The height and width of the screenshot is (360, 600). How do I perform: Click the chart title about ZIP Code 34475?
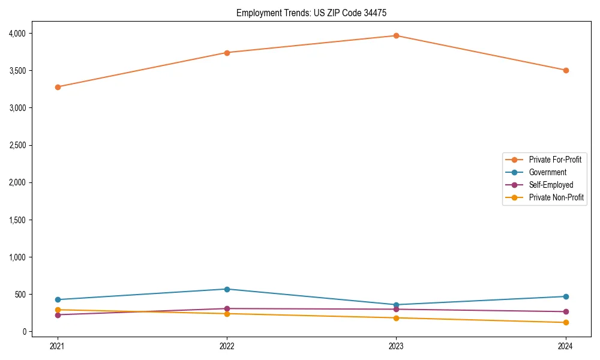click(316, 13)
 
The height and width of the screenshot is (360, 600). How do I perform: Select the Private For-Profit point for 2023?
click(396, 36)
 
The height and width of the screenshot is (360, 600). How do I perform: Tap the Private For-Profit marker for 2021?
click(58, 87)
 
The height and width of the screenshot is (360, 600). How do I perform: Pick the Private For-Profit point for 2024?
click(566, 70)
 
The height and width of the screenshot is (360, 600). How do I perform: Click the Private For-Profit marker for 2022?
click(227, 53)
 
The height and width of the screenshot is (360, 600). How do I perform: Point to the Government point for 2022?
click(227, 289)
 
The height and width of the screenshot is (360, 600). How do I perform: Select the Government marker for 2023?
click(396, 305)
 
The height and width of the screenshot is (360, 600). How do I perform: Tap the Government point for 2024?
click(566, 296)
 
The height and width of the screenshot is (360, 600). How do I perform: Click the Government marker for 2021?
click(58, 299)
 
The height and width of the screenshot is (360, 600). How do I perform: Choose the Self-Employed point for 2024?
click(566, 311)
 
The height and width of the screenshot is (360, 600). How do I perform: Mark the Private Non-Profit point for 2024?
click(566, 323)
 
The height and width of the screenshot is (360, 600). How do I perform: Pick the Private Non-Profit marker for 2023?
click(396, 318)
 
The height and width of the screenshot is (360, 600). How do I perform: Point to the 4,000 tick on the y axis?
click(17, 33)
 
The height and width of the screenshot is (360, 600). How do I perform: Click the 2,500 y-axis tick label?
click(17, 145)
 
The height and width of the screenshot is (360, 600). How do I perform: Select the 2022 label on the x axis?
click(227, 346)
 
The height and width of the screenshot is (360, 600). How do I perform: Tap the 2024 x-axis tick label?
click(566, 346)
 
